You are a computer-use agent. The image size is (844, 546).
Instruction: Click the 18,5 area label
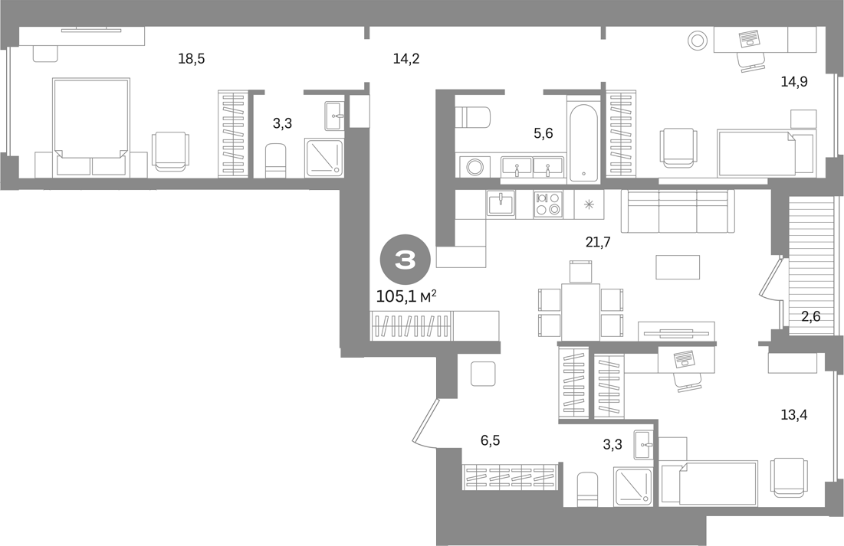(192, 59)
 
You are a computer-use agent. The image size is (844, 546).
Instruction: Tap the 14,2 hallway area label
(406, 59)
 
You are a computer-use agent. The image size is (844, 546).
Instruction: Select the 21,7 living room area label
(598, 242)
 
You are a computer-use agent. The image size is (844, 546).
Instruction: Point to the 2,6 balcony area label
(810, 316)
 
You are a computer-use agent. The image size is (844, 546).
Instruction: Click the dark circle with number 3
(406, 261)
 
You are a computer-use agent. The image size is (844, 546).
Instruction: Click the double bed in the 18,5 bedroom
(91, 126)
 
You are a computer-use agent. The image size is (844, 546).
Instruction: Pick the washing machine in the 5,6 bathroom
(475, 167)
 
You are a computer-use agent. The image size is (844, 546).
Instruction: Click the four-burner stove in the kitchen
(549, 204)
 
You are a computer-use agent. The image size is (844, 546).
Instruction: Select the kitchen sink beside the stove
(501, 204)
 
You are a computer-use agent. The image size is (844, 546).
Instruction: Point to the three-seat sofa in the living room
(678, 211)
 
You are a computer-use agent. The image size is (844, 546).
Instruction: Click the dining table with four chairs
(580, 300)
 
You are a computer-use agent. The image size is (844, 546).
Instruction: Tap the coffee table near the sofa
(678, 266)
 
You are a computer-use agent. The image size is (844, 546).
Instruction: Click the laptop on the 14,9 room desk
(748, 38)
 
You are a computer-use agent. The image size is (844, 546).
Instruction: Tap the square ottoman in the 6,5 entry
(483, 374)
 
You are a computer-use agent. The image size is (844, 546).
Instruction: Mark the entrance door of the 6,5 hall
(425, 422)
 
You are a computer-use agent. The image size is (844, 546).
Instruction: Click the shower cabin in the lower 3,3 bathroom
(633, 487)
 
